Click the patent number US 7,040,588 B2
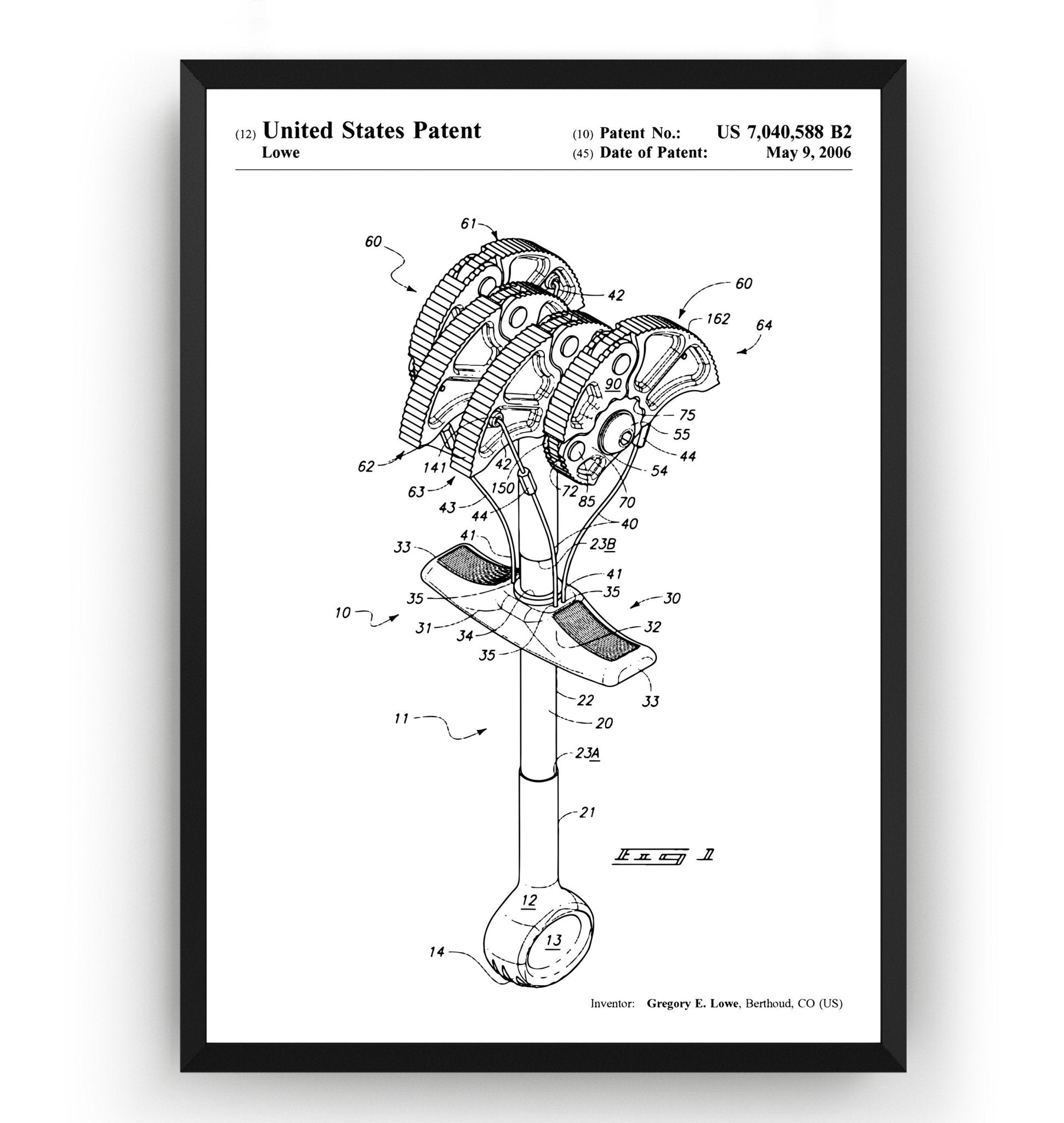783,132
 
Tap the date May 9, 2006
808,152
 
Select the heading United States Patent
372,131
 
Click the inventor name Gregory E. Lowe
692,1003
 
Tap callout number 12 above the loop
528,900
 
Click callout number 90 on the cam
612,384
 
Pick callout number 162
718,319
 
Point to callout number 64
764,325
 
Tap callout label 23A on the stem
588,753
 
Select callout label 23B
603,543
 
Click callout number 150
503,487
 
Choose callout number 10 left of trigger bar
343,613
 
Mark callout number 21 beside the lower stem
587,813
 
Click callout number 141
435,468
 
